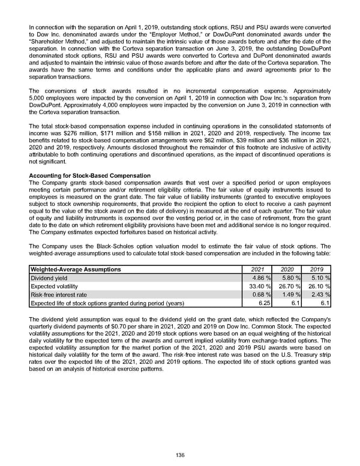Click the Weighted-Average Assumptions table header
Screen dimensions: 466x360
[75, 270]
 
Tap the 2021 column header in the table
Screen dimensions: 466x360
[256, 270]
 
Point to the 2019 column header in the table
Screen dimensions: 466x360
[317, 270]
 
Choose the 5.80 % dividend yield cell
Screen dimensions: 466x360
[289, 279]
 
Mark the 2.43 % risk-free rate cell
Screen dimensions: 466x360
[319, 295]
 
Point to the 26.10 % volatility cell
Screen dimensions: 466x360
[317, 287]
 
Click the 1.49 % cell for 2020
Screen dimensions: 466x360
[289, 295]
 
